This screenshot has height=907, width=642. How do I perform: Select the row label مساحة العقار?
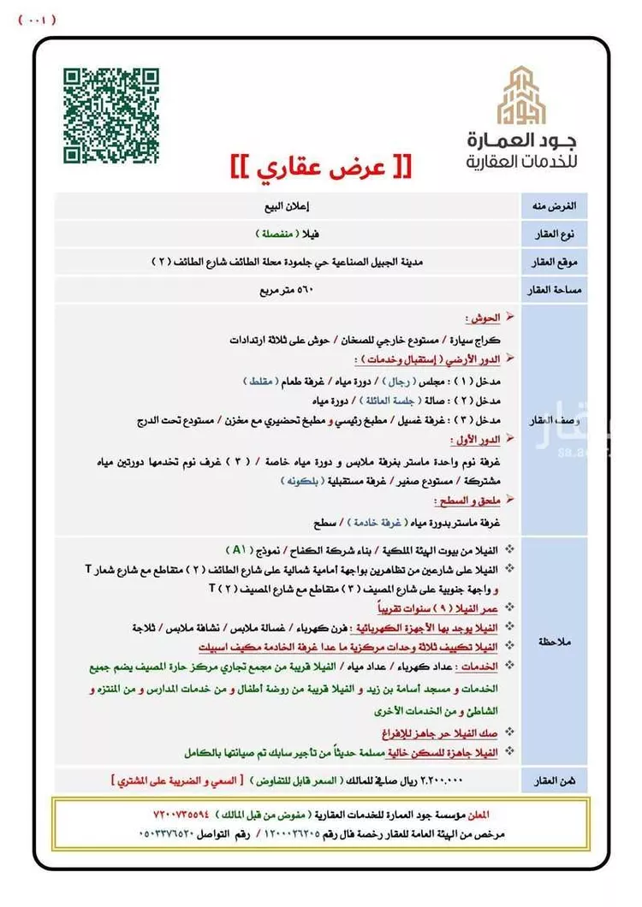click(x=557, y=290)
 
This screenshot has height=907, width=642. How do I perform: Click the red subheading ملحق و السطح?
click(x=469, y=500)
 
